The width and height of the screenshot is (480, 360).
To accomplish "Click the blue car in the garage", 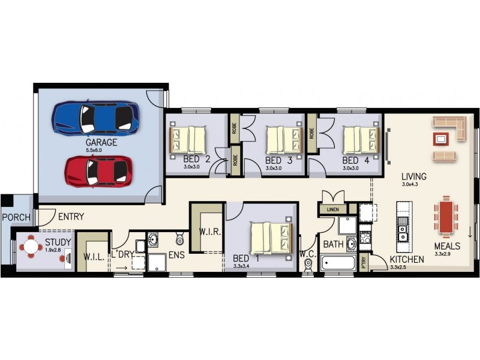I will tap(96, 118).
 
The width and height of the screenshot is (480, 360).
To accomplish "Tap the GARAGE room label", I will tap(101, 143).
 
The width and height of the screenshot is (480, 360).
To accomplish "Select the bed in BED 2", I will tap(188, 140).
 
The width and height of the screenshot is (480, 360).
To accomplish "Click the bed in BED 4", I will tap(362, 140).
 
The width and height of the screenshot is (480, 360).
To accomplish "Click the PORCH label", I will tap(16, 217).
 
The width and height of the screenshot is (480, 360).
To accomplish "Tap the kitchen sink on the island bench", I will tap(403, 229).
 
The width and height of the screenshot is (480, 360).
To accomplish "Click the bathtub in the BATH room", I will tap(338, 263).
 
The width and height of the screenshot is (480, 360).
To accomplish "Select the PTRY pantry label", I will tap(364, 262).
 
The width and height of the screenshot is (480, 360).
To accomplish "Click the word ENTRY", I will tap(71, 217).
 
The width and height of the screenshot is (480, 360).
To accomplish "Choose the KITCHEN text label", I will tap(407, 259).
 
